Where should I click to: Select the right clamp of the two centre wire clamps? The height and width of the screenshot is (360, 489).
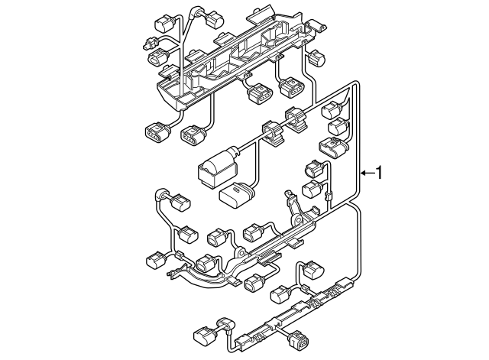pyautogui.click(x=295, y=118)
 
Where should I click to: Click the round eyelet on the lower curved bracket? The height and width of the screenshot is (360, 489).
pyautogui.click(x=240, y=251)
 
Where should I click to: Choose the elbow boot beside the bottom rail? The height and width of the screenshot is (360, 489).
pyautogui.click(x=223, y=326)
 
